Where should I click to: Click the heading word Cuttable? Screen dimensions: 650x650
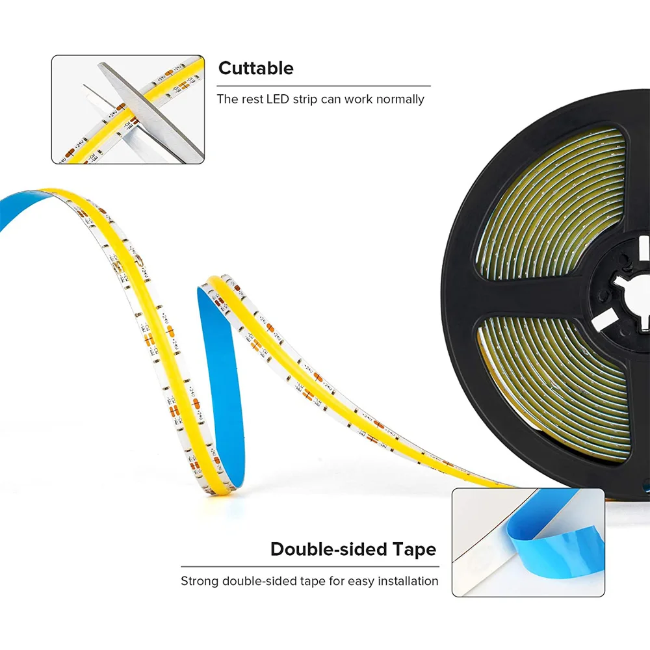pyautogui.click(x=255, y=68)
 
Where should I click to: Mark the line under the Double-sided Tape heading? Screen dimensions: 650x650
pyautogui.click(x=309, y=566)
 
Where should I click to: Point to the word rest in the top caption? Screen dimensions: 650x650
pyautogui.click(x=249, y=99)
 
